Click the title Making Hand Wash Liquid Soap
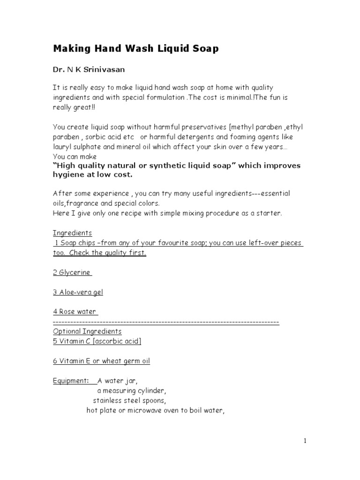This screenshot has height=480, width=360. click(135, 48)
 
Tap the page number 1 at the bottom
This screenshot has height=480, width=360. click(304, 440)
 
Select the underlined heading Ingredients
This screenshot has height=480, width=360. click(72, 233)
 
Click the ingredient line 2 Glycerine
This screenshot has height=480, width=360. click(72, 272)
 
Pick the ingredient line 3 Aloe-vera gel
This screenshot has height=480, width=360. click(78, 292)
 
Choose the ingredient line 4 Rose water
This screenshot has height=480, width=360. click(75, 312)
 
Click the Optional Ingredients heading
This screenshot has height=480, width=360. click(87, 331)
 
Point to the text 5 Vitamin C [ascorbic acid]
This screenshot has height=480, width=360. click(97, 341)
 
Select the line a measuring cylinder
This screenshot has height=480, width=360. click(132, 390)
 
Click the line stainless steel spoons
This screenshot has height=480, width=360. click(129, 400)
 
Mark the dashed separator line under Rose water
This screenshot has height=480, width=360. click(166, 322)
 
